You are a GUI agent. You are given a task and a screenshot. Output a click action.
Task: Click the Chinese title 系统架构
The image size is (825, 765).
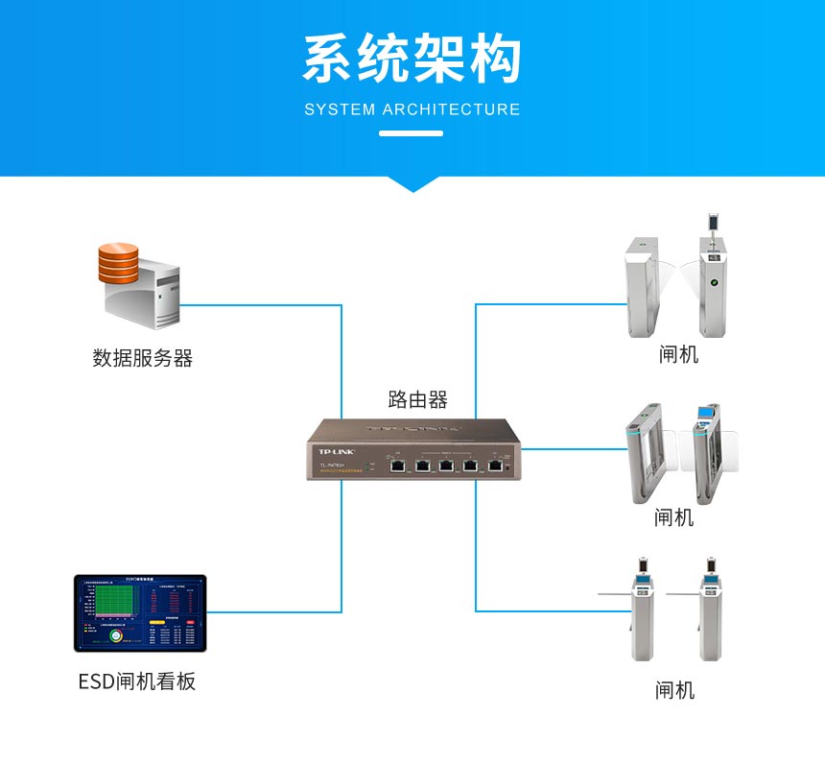[412, 60]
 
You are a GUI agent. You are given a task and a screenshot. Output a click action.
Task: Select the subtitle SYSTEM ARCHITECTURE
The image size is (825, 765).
[412, 109]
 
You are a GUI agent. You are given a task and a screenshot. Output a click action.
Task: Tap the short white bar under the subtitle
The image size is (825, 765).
[412, 132]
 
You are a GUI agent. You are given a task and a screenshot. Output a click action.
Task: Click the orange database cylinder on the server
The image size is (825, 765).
[118, 263]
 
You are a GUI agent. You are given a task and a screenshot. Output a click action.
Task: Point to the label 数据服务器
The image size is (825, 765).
[142, 358]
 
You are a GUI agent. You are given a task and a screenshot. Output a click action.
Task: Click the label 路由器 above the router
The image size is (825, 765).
[417, 399]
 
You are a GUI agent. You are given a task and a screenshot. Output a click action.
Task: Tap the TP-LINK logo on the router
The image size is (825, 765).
[336, 451]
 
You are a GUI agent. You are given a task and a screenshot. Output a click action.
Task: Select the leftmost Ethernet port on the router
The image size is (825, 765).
[396, 466]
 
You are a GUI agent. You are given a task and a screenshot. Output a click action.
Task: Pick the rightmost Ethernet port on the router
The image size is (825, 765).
[495, 466]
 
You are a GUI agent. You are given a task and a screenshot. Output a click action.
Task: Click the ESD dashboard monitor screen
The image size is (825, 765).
[140, 613]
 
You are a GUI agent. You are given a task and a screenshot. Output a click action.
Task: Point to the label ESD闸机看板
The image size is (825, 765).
[137, 681]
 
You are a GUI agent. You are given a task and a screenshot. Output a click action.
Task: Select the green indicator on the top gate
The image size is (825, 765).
[713, 283]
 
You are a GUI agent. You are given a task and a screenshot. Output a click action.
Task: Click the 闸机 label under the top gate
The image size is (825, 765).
[678, 354]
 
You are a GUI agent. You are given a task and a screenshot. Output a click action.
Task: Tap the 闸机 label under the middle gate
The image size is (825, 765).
[673, 517]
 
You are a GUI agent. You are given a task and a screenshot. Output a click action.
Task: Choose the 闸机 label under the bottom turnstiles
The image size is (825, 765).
[674, 690]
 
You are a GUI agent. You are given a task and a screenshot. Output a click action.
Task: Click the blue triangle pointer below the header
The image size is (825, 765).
[412, 183]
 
